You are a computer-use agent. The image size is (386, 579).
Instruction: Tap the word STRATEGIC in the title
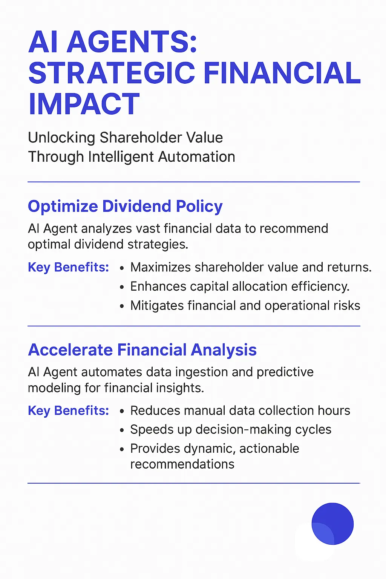click(x=112, y=73)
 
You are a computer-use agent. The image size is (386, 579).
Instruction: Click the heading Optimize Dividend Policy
click(x=125, y=207)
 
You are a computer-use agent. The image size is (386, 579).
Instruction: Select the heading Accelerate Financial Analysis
click(x=142, y=350)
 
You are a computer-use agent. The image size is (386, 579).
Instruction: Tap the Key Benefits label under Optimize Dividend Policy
click(x=68, y=267)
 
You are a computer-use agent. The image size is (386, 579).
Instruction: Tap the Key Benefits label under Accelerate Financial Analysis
click(x=68, y=411)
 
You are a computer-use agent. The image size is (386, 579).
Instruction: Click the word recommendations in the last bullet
click(x=182, y=464)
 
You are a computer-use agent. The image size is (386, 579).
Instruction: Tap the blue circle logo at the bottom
click(x=332, y=524)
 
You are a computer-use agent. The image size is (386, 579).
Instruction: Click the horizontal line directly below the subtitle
click(x=194, y=182)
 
